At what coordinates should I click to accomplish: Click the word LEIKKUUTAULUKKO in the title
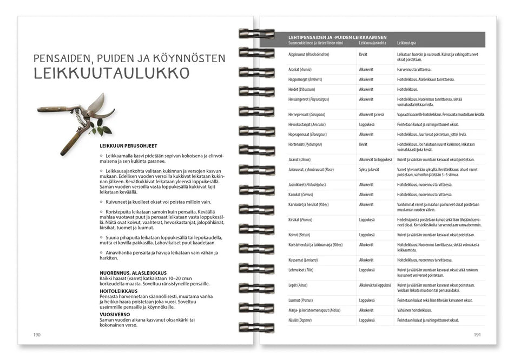tap(111, 73)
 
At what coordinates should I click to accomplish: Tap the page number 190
tap(37, 335)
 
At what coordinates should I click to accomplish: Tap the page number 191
tap(477, 335)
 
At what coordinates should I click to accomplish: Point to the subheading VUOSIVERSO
tap(114, 314)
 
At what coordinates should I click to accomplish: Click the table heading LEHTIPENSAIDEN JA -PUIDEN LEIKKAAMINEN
tap(341, 37)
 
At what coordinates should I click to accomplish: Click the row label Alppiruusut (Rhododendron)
tap(309, 55)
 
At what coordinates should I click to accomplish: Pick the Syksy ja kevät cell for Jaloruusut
tap(369, 169)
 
